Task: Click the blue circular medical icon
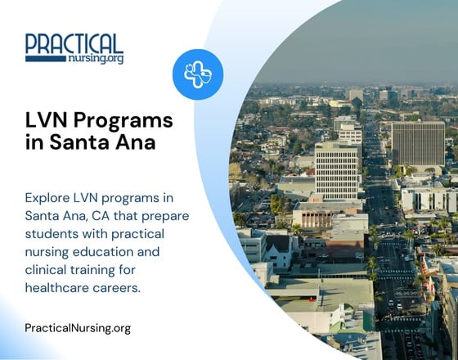198,74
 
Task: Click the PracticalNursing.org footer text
78,328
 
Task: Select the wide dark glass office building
418,142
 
